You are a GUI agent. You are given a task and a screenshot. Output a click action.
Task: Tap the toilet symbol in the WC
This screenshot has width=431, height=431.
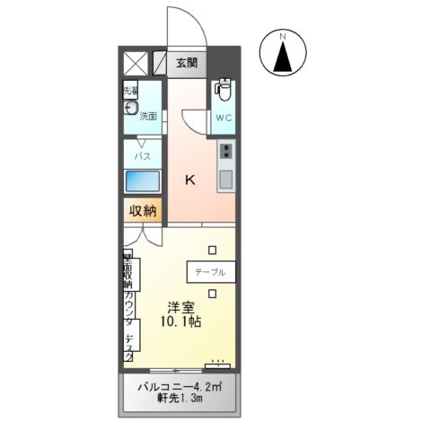point(223,92)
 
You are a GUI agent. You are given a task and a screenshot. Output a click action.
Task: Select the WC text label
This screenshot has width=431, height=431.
point(223,117)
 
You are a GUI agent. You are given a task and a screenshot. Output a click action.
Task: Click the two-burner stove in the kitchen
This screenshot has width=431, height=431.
point(226,151)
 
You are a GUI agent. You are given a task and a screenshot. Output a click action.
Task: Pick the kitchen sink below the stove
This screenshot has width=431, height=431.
point(225,178)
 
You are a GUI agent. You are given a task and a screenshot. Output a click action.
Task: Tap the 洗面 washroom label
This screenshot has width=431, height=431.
point(148,116)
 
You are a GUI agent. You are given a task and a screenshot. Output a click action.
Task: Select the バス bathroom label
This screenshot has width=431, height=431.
point(142,155)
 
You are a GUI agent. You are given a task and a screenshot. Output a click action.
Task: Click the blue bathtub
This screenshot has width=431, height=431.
point(142,180)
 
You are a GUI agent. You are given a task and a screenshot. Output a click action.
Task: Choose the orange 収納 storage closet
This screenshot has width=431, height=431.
point(142,211)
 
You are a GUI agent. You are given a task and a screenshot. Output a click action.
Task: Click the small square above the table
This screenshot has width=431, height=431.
point(212,250)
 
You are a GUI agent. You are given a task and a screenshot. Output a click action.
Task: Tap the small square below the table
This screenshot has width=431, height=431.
point(212,293)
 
